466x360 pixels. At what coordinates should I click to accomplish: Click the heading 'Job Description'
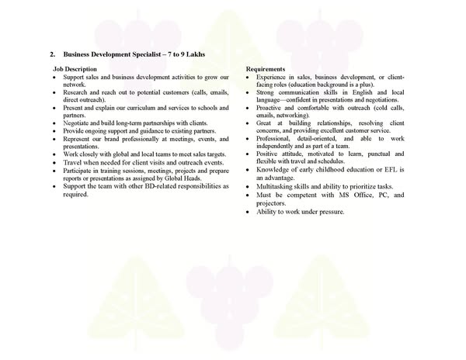pos(75,69)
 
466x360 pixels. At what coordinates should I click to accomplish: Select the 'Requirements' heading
pos(266,69)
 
